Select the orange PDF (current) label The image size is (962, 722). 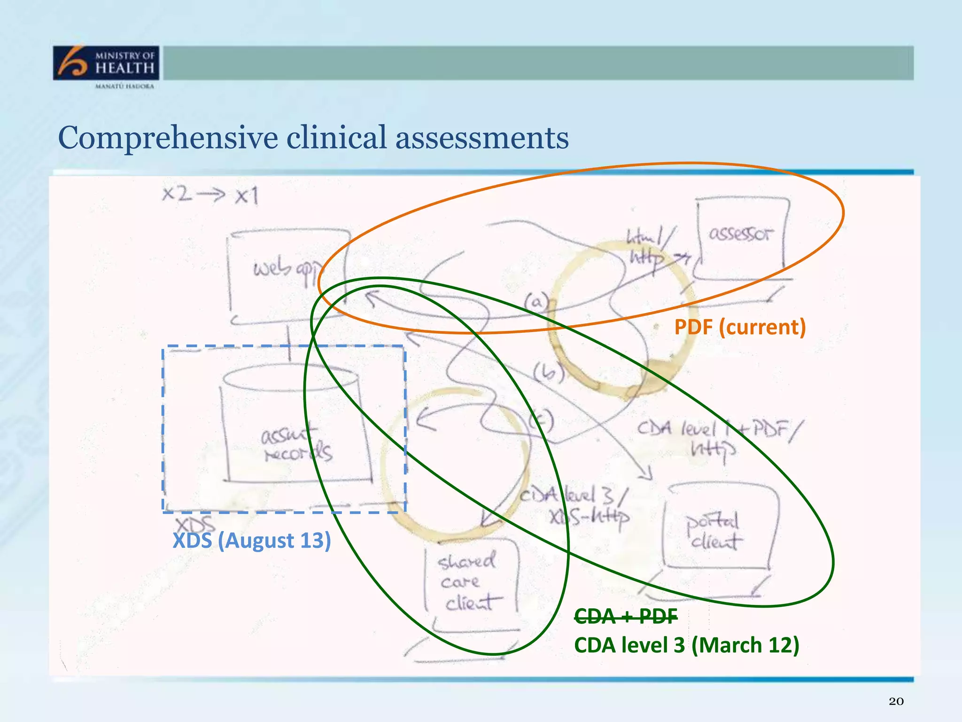740,327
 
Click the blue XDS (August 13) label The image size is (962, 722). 252,541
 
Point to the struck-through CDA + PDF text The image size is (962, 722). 626,616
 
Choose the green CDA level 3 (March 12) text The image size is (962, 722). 686,645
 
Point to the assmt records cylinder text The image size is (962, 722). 296,445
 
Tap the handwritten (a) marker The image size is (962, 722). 536,302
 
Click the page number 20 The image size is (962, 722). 896,701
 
